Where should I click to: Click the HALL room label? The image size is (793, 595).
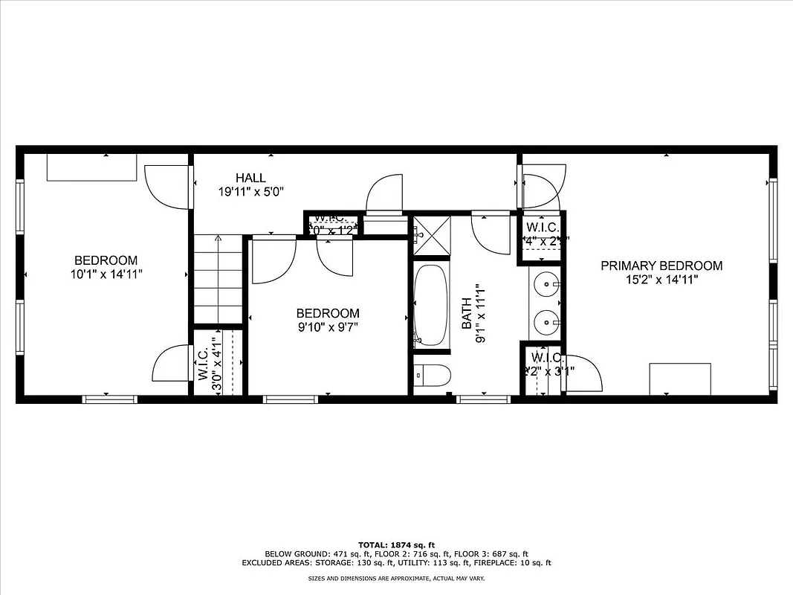coord(250,178)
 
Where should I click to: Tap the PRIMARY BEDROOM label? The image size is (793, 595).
coord(661,266)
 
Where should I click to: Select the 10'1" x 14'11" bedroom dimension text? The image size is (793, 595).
coord(106,274)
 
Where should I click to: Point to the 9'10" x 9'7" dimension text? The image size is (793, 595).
coord(327,327)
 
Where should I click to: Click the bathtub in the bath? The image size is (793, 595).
coord(431,306)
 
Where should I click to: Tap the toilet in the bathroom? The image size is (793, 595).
coord(431,376)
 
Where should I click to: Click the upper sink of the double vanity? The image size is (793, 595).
coord(548,283)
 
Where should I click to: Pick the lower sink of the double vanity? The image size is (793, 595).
coord(548,322)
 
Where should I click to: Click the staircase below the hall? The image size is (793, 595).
coord(219,279)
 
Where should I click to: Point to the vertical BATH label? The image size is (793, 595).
coord(466,313)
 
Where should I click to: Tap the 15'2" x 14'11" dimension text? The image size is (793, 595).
coord(661,280)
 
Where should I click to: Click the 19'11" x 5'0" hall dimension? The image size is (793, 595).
coord(250,192)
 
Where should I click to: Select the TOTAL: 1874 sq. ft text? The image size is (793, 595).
coord(396,544)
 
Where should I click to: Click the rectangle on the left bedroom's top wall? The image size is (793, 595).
coord(92,167)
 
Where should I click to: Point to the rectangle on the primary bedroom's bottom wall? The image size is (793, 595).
coord(680,379)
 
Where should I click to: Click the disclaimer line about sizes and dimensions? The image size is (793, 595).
coord(396,578)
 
